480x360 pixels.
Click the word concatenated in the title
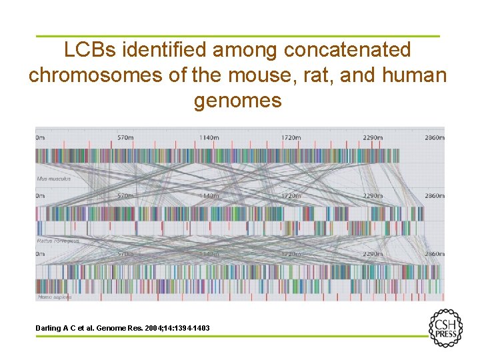click(x=347, y=50)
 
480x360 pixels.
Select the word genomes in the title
click(x=238, y=101)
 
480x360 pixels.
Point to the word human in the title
click(x=414, y=75)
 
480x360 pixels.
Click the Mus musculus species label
click(x=54, y=179)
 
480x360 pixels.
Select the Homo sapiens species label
click(x=54, y=297)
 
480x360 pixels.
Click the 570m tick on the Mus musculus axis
click(x=125, y=137)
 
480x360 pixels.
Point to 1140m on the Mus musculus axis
click(x=207, y=137)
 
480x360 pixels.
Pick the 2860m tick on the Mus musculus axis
click(x=434, y=137)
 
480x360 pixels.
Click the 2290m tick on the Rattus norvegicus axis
click(x=372, y=196)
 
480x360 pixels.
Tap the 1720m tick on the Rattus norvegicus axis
click(x=290, y=196)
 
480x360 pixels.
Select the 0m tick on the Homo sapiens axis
click(x=40, y=255)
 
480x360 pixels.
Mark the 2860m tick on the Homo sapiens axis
click(x=434, y=255)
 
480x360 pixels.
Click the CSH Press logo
click(x=445, y=328)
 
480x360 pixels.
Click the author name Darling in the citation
click(x=49, y=328)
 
